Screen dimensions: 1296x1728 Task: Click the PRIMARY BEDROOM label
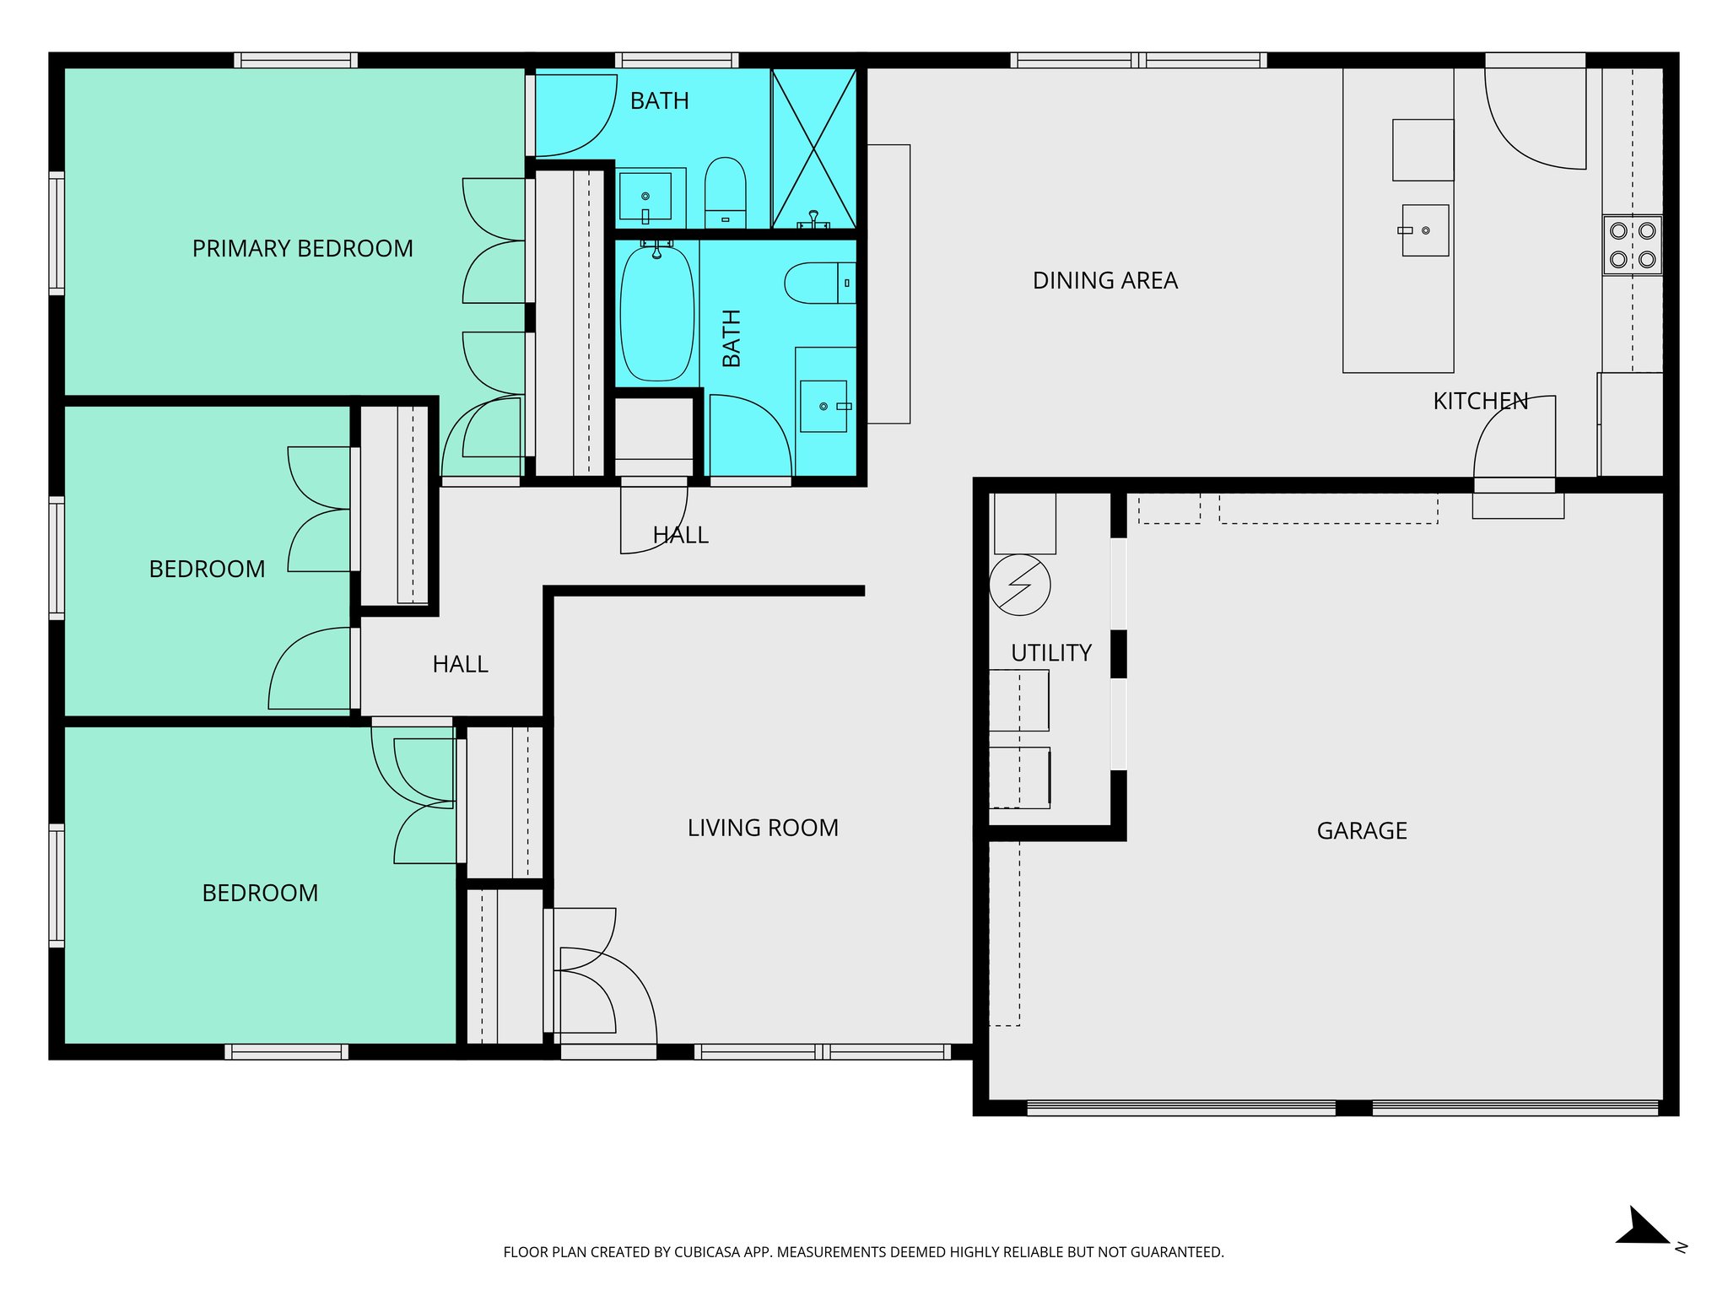tap(302, 249)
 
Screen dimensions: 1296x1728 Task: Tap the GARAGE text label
tap(1361, 831)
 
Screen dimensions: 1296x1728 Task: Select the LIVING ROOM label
tap(762, 828)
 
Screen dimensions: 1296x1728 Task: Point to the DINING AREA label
tap(1104, 280)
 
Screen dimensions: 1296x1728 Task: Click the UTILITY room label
tap(1050, 652)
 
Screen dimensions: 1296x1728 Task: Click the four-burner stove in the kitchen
tap(1632, 245)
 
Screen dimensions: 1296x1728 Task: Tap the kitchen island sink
tap(1424, 230)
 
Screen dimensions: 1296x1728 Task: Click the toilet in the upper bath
tap(725, 192)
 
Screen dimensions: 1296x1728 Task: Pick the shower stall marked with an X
tap(814, 148)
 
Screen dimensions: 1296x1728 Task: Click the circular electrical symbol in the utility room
tap(1019, 585)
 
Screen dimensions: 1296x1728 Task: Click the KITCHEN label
tap(1480, 401)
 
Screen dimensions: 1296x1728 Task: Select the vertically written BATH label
tap(732, 337)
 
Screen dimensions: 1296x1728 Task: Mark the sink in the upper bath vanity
tap(645, 197)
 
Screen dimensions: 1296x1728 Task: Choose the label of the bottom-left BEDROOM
tap(260, 893)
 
